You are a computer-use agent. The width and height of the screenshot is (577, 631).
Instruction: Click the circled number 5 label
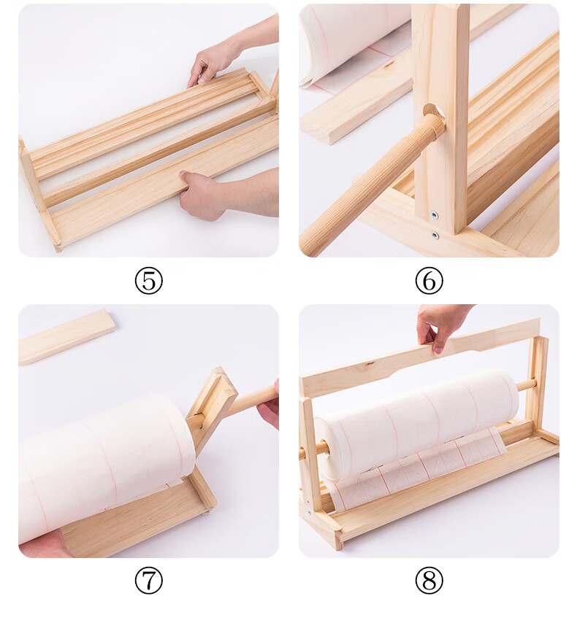[x=149, y=280]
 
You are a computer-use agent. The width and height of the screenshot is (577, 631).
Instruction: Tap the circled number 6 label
[x=429, y=280]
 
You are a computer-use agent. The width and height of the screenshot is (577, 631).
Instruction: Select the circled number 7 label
[x=149, y=580]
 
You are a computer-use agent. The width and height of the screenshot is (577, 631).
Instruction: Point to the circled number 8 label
[x=429, y=580]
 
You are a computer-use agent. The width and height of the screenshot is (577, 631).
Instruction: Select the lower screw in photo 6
[x=435, y=235]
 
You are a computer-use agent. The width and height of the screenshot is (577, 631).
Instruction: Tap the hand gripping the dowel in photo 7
[x=270, y=404]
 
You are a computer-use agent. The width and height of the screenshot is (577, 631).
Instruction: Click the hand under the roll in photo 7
[x=45, y=543]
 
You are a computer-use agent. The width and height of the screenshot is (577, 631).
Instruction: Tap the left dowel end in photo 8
[x=310, y=451]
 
